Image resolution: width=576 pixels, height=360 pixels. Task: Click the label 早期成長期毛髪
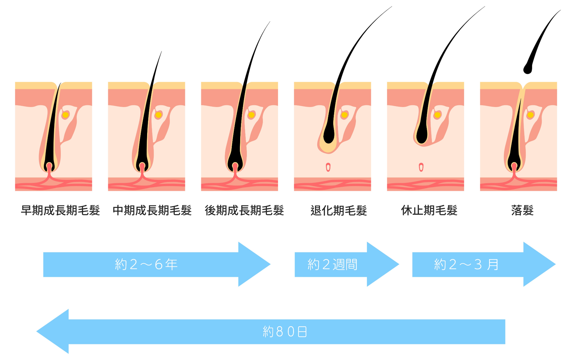(x=60, y=210)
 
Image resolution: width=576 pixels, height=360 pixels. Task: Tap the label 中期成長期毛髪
(x=152, y=210)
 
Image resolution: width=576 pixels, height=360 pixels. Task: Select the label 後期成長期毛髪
(x=244, y=210)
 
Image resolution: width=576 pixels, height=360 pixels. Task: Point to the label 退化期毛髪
(x=339, y=210)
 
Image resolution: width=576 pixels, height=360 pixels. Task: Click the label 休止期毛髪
(x=429, y=210)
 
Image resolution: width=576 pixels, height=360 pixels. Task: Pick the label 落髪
(x=522, y=210)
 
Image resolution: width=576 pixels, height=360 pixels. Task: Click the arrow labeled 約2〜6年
(x=157, y=264)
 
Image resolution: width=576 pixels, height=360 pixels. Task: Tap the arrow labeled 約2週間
(x=347, y=264)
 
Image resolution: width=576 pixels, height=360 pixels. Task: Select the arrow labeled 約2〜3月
(x=484, y=264)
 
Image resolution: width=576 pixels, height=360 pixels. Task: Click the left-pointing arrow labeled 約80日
(x=271, y=331)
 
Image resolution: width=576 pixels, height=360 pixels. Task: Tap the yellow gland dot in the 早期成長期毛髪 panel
(x=65, y=115)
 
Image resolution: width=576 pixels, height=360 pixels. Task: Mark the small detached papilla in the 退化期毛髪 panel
(x=328, y=167)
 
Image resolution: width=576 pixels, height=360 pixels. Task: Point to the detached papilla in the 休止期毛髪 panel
(x=421, y=167)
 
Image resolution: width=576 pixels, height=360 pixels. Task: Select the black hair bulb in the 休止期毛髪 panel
(x=422, y=134)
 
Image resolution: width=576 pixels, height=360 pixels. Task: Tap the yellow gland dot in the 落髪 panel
(x=530, y=115)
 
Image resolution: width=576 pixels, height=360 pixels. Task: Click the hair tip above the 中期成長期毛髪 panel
(x=162, y=52)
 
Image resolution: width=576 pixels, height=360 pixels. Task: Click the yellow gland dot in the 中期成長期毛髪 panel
(x=158, y=115)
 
